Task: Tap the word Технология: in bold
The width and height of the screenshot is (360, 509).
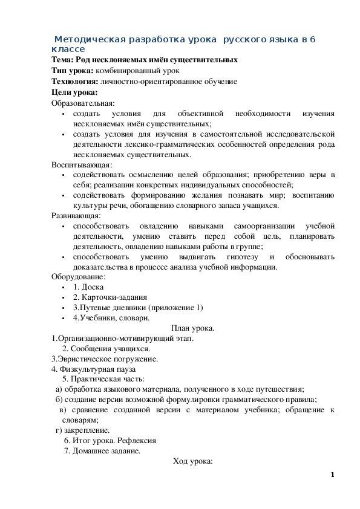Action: coord(75,82)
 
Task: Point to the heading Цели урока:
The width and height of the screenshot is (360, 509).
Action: coord(75,92)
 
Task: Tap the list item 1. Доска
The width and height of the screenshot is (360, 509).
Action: coord(88,287)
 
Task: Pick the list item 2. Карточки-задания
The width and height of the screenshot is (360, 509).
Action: coord(110,297)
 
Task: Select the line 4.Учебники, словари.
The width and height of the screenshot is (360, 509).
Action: coord(111,317)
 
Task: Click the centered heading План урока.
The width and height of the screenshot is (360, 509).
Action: coord(193,328)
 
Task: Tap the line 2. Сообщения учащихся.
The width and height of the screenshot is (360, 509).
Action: coord(106,348)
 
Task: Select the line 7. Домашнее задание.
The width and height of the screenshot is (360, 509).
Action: coord(102,450)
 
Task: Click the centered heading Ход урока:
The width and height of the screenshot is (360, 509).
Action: coord(193,461)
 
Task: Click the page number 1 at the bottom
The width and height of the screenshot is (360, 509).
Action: coord(333,475)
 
